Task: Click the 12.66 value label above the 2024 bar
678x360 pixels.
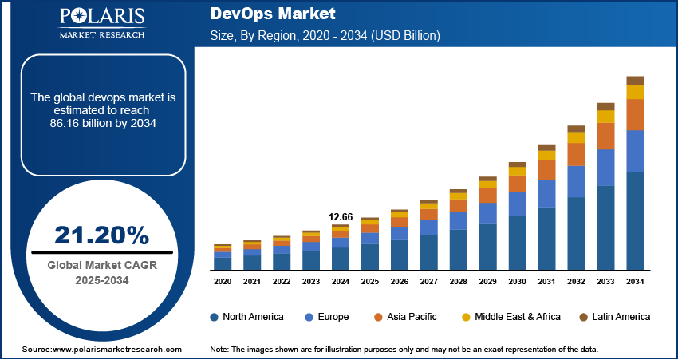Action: coord(341,216)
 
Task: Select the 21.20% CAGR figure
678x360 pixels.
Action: coord(101,235)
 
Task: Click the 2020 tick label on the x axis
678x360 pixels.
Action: coord(223,282)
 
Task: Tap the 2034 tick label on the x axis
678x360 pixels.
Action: coord(635,282)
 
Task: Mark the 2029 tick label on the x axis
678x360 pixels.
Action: coord(487,282)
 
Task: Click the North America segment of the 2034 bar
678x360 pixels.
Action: coord(635,220)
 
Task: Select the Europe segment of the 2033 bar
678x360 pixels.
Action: coord(605,168)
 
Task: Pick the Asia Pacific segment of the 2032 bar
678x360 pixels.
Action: coord(576,154)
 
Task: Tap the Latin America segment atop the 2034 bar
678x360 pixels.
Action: coord(635,80)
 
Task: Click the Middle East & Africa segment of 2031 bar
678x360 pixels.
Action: coord(546,156)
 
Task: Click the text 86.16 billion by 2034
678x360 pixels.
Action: coord(101,123)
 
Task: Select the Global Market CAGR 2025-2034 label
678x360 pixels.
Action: coord(101,273)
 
